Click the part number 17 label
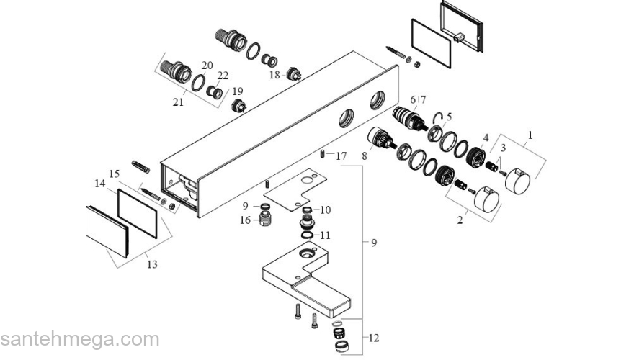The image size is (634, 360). [x=341, y=156]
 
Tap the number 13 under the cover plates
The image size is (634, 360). [x=152, y=264]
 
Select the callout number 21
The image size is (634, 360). [x=179, y=102]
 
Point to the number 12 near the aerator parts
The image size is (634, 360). [x=374, y=338]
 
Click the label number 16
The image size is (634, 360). [x=246, y=220]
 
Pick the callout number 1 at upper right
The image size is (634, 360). [x=530, y=135]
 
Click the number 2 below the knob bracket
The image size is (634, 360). [x=460, y=220]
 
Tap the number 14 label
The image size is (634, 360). [x=100, y=184]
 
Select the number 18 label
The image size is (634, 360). [x=274, y=75]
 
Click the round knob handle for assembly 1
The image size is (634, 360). [x=517, y=181]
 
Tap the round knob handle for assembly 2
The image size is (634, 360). [x=487, y=199]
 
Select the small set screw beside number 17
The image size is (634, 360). [x=323, y=154]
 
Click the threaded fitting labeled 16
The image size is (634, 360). [x=265, y=220]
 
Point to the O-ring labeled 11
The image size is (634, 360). [x=308, y=235]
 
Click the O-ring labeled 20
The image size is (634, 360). [x=198, y=83]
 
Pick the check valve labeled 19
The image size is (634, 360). [x=238, y=107]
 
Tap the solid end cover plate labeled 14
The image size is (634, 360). [x=107, y=232]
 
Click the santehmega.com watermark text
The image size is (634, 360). [x=80, y=340]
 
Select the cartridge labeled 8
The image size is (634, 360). [x=382, y=138]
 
